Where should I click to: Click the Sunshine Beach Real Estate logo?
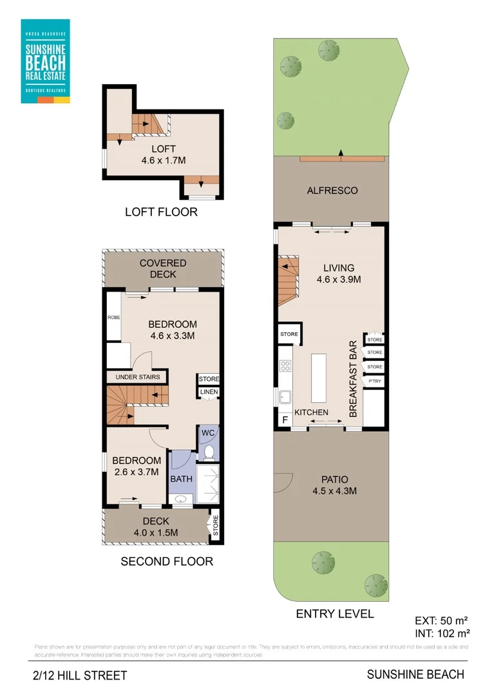click(x=45, y=61)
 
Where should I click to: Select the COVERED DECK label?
click(x=163, y=268)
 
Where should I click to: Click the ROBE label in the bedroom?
click(x=113, y=317)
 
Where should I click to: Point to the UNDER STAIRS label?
click(x=137, y=376)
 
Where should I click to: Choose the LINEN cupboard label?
click(x=209, y=392)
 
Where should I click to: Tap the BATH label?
click(x=181, y=479)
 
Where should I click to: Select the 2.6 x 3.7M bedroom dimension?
click(x=137, y=472)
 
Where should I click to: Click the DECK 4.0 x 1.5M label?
click(x=156, y=526)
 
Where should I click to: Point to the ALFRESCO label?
click(x=332, y=190)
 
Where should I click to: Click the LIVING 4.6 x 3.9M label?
click(x=338, y=273)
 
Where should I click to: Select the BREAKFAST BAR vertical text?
click(x=353, y=379)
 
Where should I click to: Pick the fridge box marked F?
click(x=284, y=421)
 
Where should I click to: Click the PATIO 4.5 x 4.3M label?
click(x=335, y=485)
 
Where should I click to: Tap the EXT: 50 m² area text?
click(x=440, y=622)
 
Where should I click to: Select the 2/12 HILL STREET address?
click(x=80, y=676)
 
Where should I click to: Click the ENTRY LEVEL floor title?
click(x=335, y=613)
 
